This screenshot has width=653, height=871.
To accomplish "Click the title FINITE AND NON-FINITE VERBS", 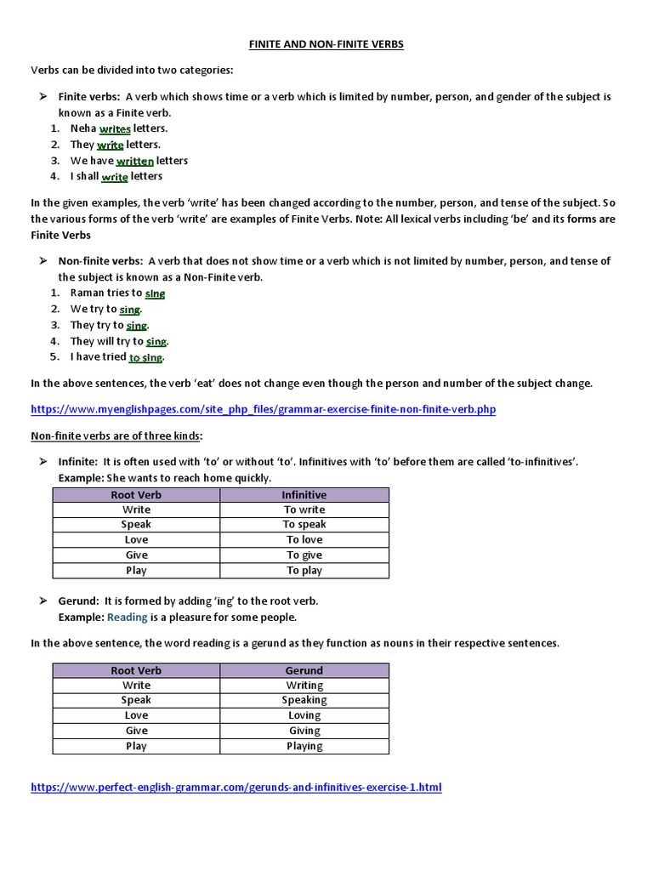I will click(326, 44).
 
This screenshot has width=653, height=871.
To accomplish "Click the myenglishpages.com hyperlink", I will click(263, 409).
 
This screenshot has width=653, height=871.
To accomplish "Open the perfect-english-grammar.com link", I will click(236, 787).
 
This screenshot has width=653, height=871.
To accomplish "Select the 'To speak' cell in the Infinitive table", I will click(304, 525).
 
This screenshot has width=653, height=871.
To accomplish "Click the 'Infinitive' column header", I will click(304, 494).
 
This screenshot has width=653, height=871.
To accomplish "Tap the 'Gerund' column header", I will click(304, 670).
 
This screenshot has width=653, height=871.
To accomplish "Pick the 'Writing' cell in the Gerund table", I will click(304, 686).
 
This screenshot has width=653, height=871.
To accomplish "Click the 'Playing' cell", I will click(304, 746).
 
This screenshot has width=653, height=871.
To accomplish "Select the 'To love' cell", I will click(304, 540).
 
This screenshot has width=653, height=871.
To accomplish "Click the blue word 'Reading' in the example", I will click(128, 617).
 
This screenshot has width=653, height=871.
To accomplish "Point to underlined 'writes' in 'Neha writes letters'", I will click(115, 128).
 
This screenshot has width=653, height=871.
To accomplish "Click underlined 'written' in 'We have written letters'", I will click(135, 161).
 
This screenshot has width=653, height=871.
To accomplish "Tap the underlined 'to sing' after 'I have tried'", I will click(146, 357).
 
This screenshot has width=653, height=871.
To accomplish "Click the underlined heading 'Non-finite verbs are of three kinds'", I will click(116, 435).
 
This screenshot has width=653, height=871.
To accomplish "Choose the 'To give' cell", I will click(304, 555).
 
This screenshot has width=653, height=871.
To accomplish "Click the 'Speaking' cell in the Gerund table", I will click(304, 701).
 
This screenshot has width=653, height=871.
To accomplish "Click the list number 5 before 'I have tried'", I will click(54, 357).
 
